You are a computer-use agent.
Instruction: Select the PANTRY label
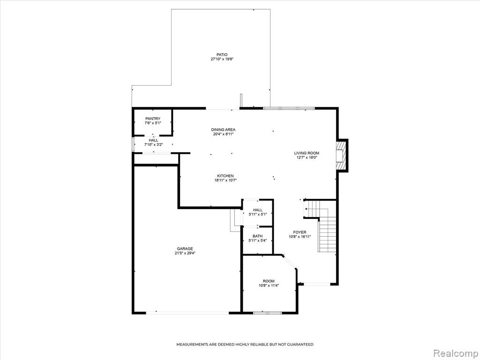point(153,119)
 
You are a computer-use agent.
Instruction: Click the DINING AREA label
point(223,129)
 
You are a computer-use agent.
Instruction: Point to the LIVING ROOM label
point(307,153)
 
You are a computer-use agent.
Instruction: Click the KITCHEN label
point(225,176)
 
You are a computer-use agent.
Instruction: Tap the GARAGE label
point(185,248)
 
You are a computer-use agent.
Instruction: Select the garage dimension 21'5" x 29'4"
point(185,253)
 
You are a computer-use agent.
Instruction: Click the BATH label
point(257,236)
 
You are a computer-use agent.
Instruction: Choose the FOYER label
point(300,232)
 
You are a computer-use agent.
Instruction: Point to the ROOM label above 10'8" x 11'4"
point(269,281)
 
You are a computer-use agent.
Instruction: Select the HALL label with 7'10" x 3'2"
point(153,140)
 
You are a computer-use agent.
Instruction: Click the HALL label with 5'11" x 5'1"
point(257,210)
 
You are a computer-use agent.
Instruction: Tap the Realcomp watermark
point(455,353)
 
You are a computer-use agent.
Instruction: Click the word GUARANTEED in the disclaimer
point(300,345)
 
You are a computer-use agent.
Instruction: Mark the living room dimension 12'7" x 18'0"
point(307,157)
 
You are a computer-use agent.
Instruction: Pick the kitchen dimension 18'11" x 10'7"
point(225,180)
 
